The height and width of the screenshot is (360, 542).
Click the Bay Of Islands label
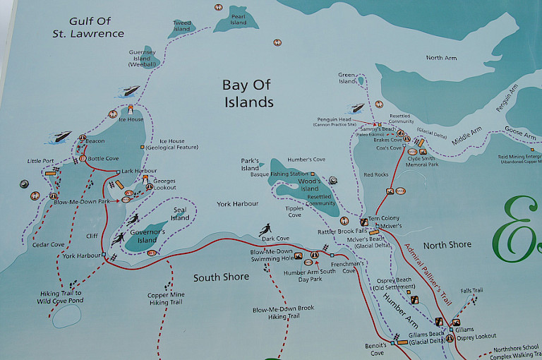247,94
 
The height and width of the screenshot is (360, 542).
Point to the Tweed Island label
182,26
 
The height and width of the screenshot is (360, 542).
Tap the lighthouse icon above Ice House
131,109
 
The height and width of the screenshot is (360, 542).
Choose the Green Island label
347,78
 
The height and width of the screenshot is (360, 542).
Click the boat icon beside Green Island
357,109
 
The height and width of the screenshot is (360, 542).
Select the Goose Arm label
519,133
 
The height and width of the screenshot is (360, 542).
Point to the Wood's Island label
310,185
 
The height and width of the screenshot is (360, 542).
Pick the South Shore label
221,277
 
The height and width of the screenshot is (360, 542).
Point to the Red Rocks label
375,174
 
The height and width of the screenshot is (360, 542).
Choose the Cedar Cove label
49,245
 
